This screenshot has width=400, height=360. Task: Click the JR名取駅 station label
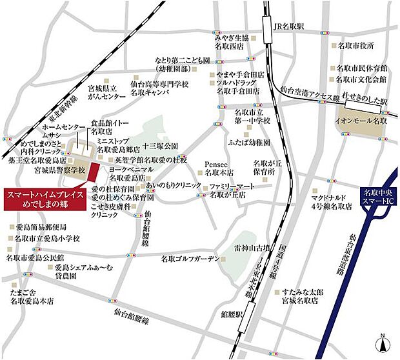click(x=293, y=26)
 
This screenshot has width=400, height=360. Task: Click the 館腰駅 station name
click(x=231, y=316)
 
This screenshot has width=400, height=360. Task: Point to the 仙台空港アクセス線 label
click(x=310, y=98)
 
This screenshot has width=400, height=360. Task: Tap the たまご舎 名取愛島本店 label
click(x=32, y=296)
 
